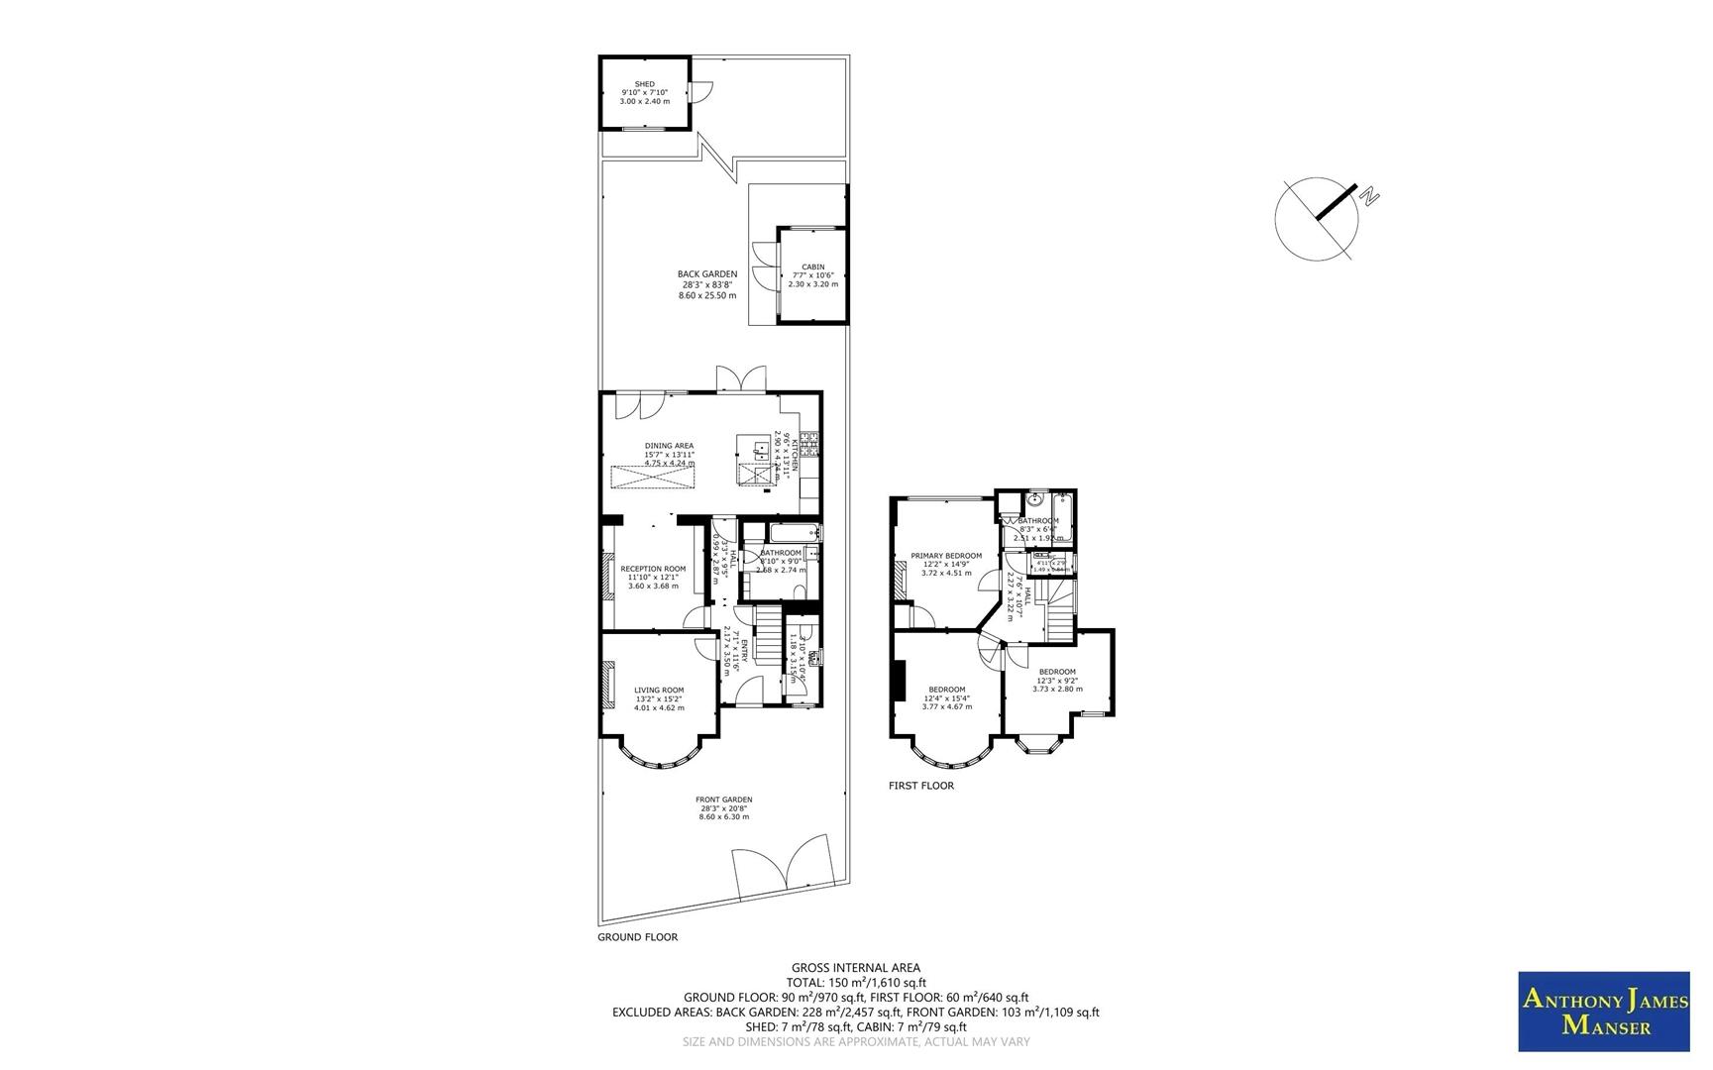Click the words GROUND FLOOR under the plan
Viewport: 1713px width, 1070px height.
(x=637, y=936)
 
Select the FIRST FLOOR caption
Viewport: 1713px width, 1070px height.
(x=920, y=786)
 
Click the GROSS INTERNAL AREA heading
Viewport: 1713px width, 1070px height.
(x=855, y=968)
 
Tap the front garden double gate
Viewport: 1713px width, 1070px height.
(x=782, y=868)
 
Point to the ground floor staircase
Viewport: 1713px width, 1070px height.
(x=768, y=636)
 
